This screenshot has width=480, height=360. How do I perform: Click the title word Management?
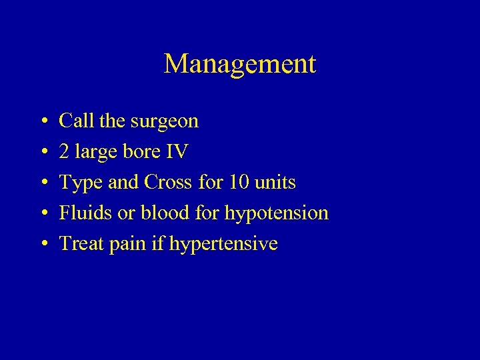[x=239, y=64]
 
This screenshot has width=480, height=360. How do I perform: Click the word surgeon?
[x=167, y=122]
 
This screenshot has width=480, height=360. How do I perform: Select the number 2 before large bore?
[x=64, y=152]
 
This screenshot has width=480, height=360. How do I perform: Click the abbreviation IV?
[x=177, y=152]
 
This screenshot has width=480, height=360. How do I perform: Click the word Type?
[x=80, y=183]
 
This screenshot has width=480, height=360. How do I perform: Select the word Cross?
[x=168, y=183]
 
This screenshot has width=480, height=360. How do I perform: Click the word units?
[x=276, y=183]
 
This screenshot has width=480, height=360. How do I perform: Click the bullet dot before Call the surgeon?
[x=42, y=122]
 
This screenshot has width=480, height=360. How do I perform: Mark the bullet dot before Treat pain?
[x=42, y=245]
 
